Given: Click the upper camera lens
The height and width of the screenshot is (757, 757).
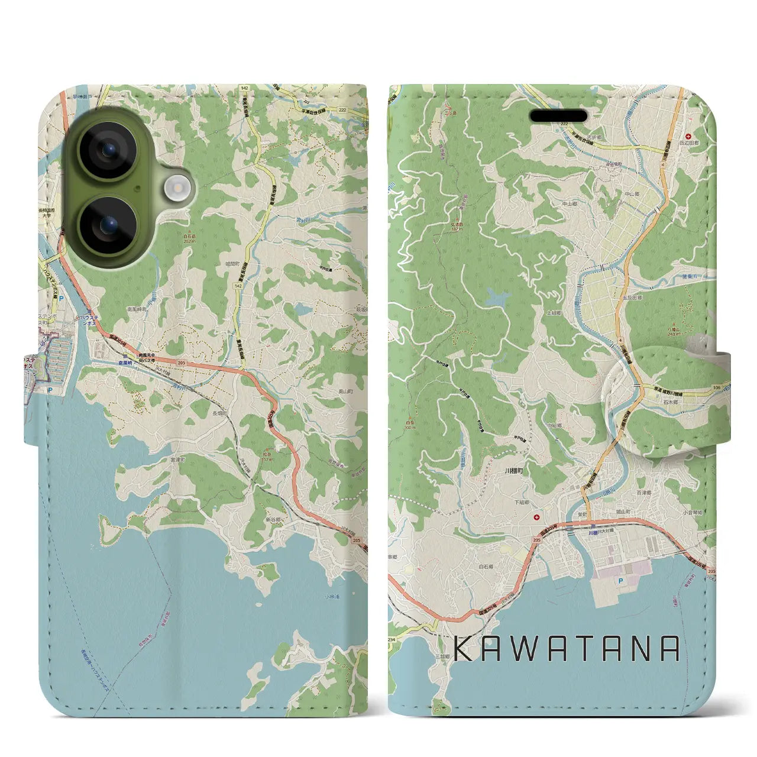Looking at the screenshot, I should (108, 150).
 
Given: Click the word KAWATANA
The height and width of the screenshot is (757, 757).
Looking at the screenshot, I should (568, 649).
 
